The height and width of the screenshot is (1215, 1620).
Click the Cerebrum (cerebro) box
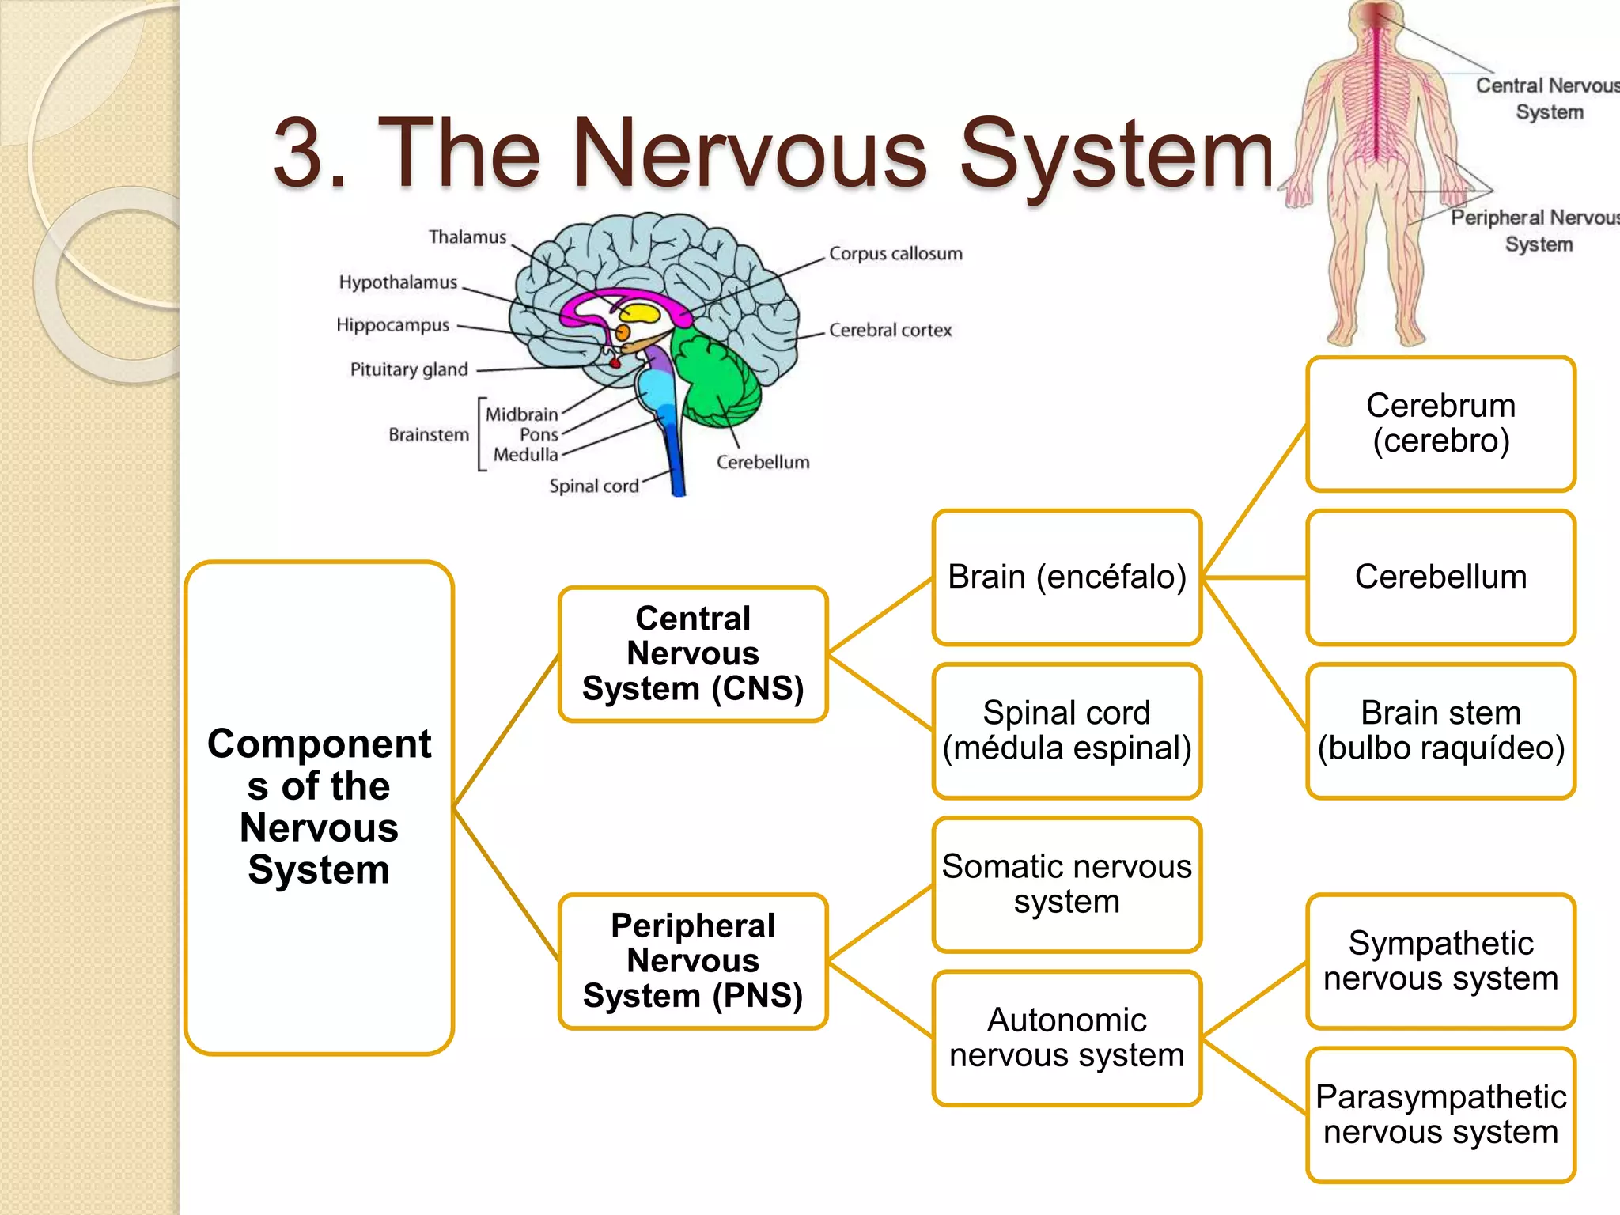click(1440, 423)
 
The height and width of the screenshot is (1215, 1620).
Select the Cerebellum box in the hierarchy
click(1440, 577)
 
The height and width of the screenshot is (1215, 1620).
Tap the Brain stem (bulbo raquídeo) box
click(1440, 730)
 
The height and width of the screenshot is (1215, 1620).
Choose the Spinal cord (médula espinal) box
click(1066, 730)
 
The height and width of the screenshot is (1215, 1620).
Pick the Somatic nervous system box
click(1066, 884)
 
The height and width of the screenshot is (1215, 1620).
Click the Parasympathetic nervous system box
click(1440, 1115)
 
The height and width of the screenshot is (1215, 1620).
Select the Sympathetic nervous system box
click(1440, 960)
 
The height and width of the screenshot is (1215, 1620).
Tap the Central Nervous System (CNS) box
click(693, 653)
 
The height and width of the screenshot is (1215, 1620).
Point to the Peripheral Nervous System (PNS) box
click(693, 960)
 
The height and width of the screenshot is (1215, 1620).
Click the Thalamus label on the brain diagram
click(467, 237)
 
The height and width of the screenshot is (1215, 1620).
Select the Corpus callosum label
click(895, 254)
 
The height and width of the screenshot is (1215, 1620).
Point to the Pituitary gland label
click(409, 369)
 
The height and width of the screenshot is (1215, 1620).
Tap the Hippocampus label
click(392, 325)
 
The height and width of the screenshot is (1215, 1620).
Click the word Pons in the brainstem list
click(539, 434)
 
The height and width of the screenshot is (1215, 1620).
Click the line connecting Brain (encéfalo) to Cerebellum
click(1254, 577)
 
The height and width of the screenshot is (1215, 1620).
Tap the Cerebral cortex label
click(890, 330)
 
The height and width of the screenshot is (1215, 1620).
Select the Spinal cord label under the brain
click(593, 486)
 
